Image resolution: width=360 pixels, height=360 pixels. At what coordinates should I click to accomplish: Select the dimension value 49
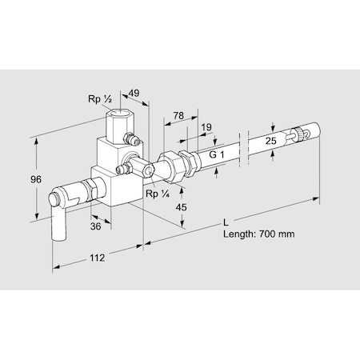(x=134, y=94)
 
